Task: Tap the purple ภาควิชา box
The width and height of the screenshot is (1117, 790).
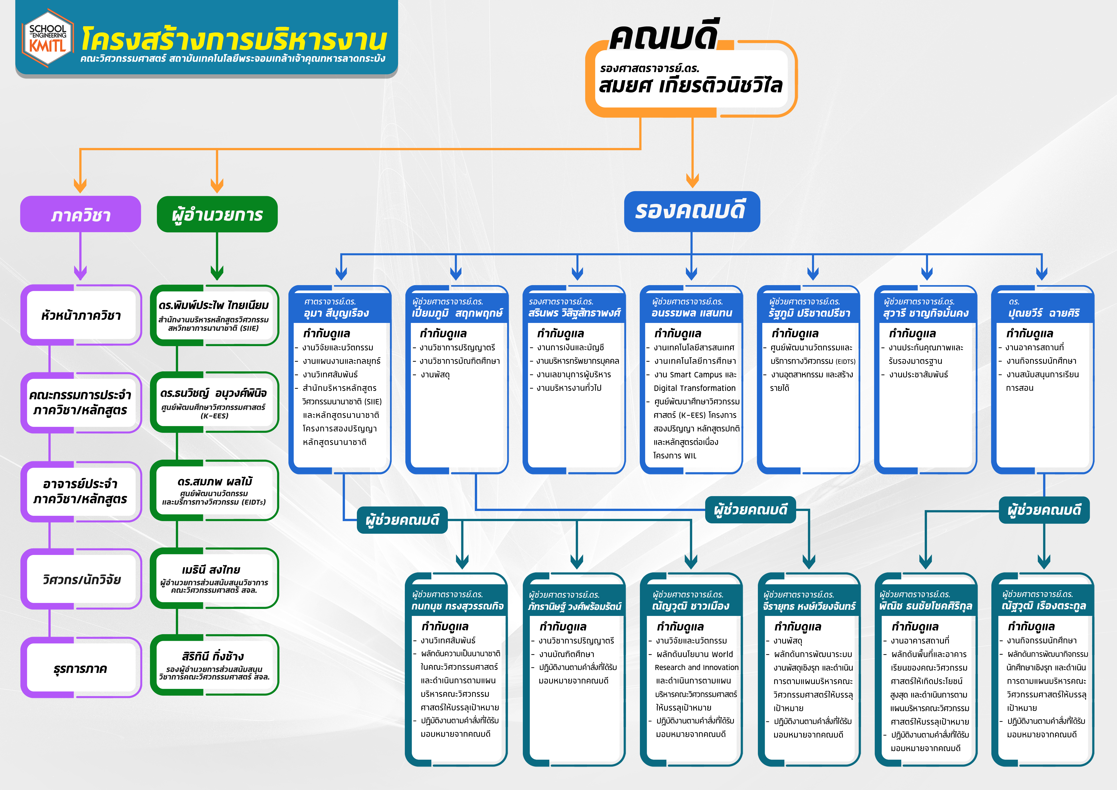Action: tap(80, 214)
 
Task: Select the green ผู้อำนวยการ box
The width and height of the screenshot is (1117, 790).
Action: tap(217, 214)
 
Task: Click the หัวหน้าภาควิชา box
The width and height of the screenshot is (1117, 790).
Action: tap(81, 315)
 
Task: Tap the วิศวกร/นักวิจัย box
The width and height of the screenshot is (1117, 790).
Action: tap(81, 579)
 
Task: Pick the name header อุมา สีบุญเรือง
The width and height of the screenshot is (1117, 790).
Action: tap(336, 313)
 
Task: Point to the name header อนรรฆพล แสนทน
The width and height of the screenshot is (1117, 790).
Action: tap(692, 313)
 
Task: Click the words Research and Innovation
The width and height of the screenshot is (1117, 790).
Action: tap(696, 667)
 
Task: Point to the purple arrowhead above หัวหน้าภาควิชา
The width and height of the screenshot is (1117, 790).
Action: tap(80, 273)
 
